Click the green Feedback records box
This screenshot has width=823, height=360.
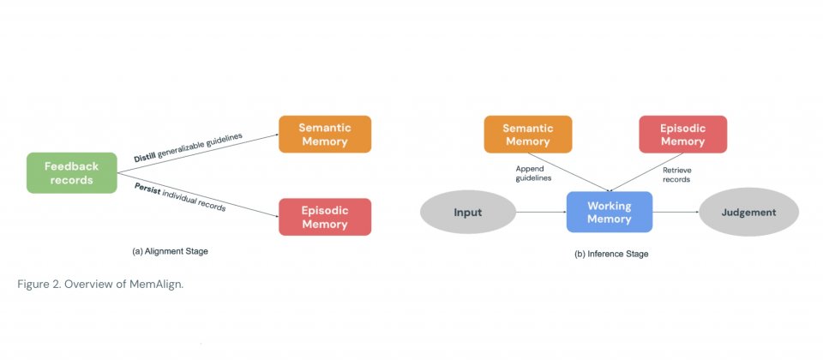coord(72,172)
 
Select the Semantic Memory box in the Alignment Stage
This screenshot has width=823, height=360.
coord(324,134)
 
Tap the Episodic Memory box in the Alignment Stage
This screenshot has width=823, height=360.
coord(324,217)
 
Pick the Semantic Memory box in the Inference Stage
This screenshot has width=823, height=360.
coord(527,134)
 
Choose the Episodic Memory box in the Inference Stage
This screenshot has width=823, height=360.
coord(682,134)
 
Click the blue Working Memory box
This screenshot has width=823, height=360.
coord(609,212)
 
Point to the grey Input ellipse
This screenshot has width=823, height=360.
coord(467,212)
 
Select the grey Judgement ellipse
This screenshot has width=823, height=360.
coord(748,212)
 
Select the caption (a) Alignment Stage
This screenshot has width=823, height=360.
coord(170,251)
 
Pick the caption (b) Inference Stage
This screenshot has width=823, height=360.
coord(611,254)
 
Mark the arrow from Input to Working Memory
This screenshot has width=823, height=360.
coord(540,212)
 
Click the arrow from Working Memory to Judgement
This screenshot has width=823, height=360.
coord(676,212)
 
